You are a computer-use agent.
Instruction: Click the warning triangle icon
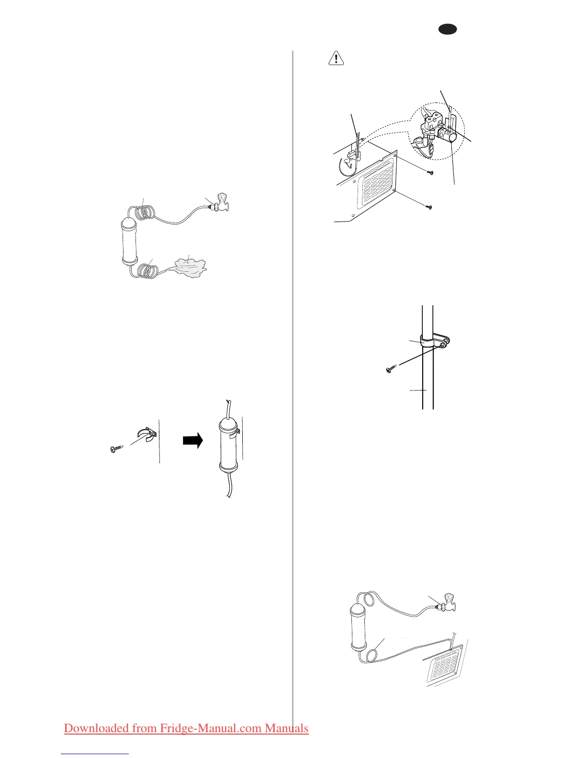(x=336, y=58)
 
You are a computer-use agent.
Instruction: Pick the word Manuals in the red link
(x=287, y=728)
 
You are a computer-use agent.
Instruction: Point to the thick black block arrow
(x=193, y=440)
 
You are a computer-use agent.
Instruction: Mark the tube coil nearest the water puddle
(x=146, y=271)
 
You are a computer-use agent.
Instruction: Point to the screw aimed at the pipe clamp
(x=391, y=369)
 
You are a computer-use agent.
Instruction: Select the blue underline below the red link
(x=95, y=754)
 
